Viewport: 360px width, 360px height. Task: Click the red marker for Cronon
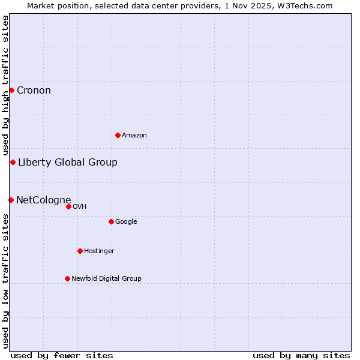pyautogui.click(x=11, y=91)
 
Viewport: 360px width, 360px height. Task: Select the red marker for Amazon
pyautogui.click(x=118, y=135)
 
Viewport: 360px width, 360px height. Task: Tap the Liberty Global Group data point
pyautogui.click(x=13, y=163)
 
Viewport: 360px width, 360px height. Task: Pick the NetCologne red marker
pyautogui.click(x=11, y=200)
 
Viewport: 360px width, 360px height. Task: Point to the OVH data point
pyautogui.click(x=68, y=207)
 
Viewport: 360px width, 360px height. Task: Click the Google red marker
pyautogui.click(x=111, y=222)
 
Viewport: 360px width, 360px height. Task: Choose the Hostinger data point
pyautogui.click(x=80, y=251)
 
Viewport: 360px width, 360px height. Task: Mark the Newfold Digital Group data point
pyautogui.click(x=67, y=278)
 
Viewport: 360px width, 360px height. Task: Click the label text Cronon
pyautogui.click(x=34, y=91)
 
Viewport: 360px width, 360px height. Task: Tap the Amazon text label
pyautogui.click(x=134, y=136)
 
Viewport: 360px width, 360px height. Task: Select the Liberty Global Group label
pyautogui.click(x=68, y=163)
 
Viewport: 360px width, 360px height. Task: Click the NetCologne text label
pyautogui.click(x=44, y=200)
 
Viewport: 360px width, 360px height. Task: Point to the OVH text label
pyautogui.click(x=80, y=207)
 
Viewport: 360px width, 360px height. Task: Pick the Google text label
pyautogui.click(x=126, y=222)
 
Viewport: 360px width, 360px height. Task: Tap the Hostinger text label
pyautogui.click(x=99, y=251)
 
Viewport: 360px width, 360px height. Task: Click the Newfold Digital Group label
pyautogui.click(x=106, y=278)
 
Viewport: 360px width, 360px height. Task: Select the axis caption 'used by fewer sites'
pyautogui.click(x=62, y=355)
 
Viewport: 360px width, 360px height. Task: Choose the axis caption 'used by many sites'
pyautogui.click(x=301, y=355)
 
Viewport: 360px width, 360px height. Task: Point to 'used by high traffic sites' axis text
pyautogui.click(x=5, y=86)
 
